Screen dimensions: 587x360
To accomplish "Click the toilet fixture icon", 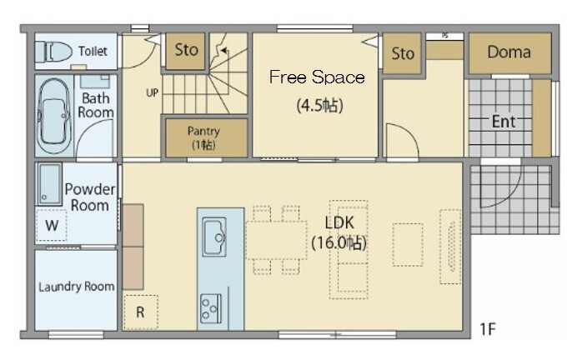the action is click(x=53, y=52).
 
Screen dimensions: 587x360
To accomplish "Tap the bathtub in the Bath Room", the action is click(x=54, y=116).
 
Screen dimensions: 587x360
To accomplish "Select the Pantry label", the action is click(x=203, y=131).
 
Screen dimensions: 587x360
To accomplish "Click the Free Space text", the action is click(x=317, y=77).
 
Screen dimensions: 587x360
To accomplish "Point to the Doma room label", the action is click(x=509, y=52).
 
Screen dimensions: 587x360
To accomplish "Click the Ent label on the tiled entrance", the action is click(x=504, y=122).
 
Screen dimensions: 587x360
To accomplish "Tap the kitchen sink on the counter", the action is click(x=214, y=237).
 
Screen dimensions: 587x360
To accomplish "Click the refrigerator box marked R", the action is click(x=140, y=312).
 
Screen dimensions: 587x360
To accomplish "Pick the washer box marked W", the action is click(x=52, y=225).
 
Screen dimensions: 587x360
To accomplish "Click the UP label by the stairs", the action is click(x=152, y=92).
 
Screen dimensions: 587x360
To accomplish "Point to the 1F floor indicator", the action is click(x=488, y=329).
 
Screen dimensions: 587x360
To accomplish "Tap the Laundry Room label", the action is click(x=77, y=287).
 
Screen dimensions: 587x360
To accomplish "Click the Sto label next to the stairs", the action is click(x=187, y=50).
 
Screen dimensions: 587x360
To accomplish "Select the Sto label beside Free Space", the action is click(x=403, y=54).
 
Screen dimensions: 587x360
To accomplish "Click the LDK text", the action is click(x=339, y=222).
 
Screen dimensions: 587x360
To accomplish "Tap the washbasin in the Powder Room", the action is click(x=49, y=184).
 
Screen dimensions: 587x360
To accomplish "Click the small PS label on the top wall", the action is click(x=444, y=36).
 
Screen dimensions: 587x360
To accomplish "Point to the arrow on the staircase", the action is click(x=223, y=51).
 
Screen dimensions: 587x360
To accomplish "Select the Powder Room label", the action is click(x=90, y=197).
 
